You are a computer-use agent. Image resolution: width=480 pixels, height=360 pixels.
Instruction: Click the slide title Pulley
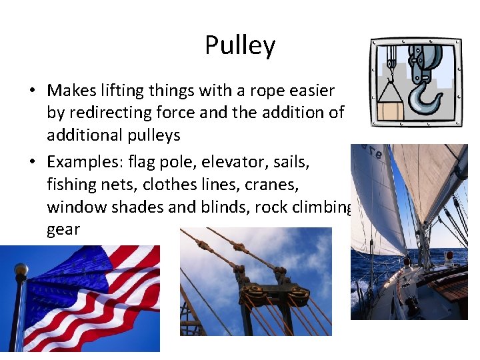(x=240, y=45)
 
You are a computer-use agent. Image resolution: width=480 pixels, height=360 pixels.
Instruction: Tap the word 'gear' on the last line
(x=63, y=230)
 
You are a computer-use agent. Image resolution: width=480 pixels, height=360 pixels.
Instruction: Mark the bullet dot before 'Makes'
(x=32, y=91)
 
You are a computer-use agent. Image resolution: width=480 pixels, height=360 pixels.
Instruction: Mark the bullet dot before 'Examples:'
(x=32, y=161)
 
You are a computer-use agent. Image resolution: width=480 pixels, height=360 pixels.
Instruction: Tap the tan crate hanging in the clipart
(x=390, y=107)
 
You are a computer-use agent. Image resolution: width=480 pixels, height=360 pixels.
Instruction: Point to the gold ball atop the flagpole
(x=21, y=269)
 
